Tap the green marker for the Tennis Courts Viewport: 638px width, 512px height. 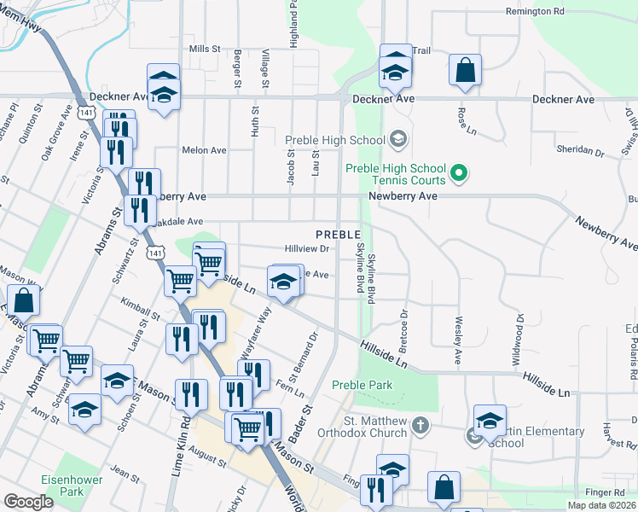[x=459, y=174]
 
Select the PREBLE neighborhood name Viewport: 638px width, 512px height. [x=338, y=234]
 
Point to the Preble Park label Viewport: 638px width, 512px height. [x=362, y=385]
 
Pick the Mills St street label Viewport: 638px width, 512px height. [x=205, y=49]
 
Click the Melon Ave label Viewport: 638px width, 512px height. [x=204, y=150]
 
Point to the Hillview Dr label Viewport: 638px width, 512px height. [x=307, y=248]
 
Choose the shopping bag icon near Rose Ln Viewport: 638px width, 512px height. [x=466, y=73]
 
